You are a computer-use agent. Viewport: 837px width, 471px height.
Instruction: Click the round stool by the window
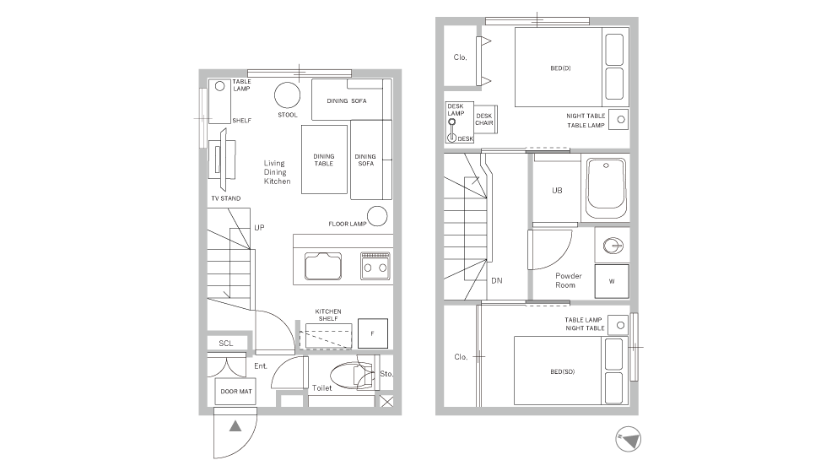(287, 95)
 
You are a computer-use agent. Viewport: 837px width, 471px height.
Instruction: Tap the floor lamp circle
(377, 216)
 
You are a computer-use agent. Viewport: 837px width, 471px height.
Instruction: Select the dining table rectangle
(324, 160)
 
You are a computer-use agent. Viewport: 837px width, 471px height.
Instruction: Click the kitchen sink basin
(323, 267)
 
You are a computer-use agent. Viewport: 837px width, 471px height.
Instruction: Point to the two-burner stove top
(375, 265)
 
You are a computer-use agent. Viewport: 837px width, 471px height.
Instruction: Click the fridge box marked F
(373, 333)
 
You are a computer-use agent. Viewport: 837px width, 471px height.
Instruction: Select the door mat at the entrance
(236, 392)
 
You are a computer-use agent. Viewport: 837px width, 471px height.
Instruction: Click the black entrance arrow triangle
(235, 426)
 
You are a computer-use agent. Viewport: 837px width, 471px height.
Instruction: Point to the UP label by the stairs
(259, 228)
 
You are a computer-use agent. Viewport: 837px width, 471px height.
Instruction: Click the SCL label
(226, 344)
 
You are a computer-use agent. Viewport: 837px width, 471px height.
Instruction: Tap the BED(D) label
(560, 68)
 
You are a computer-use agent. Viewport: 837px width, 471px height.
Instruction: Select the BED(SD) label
(563, 371)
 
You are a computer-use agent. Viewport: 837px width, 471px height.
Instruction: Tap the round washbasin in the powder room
(613, 246)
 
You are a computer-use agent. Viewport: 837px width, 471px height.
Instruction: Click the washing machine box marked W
(612, 281)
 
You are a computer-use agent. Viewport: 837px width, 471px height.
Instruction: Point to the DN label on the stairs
(497, 280)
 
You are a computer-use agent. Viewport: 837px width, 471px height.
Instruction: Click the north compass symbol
(629, 440)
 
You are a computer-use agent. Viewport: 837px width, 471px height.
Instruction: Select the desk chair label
(484, 119)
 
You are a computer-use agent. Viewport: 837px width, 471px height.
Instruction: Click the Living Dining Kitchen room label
(277, 172)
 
